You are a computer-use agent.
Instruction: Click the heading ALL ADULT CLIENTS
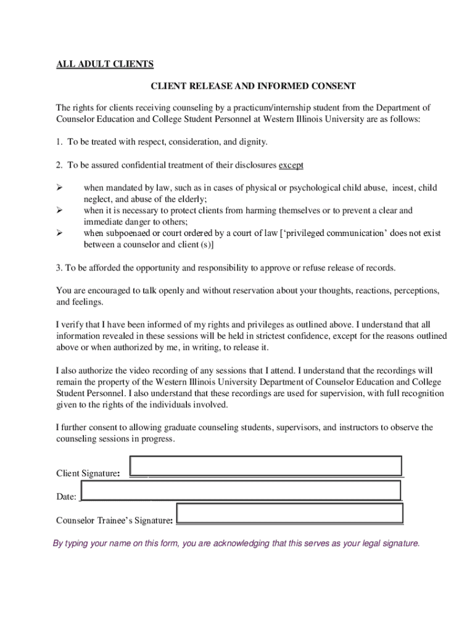pyautogui.click(x=105, y=64)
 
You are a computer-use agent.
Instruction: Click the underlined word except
pyautogui.click(x=291, y=165)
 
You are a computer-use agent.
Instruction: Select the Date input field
pyautogui.click(x=241, y=491)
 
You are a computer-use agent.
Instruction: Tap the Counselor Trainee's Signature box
pyautogui.click(x=289, y=513)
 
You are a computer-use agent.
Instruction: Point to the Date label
pyautogui.click(x=66, y=497)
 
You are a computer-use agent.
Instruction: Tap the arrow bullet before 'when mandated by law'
pyautogui.click(x=60, y=187)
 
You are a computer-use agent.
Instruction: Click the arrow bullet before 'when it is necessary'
pyautogui.click(x=60, y=210)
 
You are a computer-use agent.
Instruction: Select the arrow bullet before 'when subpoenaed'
pyautogui.click(x=60, y=233)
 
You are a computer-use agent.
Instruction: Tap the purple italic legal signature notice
pyautogui.click(x=236, y=543)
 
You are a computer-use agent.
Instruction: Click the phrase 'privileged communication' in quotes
pyautogui.click(x=336, y=234)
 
